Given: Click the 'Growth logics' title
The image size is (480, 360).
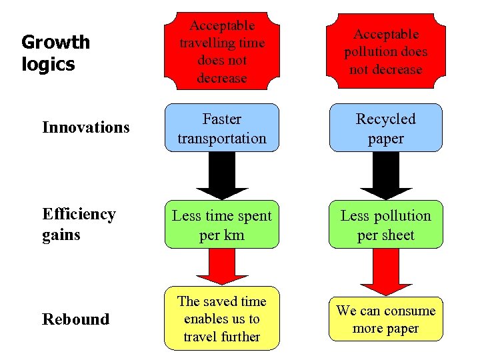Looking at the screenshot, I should point(55,53).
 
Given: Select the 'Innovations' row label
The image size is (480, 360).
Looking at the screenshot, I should point(85,127).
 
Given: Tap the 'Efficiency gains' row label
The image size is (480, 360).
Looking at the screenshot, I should point(79,224).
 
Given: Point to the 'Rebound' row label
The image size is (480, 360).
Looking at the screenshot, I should point(75,319).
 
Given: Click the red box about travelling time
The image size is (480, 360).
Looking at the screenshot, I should point(222,51).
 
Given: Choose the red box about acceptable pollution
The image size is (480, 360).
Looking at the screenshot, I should point(386,51).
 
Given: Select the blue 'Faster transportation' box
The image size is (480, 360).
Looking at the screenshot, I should point(222,128).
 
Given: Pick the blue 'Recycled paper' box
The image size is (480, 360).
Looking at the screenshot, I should point(386,128).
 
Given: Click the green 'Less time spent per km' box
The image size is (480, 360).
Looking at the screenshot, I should point(222,225).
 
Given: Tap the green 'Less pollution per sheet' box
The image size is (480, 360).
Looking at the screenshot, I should point(386,225).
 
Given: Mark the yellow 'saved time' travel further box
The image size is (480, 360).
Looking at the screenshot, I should point(222,319).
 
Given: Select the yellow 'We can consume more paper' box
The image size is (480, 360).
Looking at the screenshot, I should point(386,319).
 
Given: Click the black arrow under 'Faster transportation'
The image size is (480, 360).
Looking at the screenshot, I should point(222,175).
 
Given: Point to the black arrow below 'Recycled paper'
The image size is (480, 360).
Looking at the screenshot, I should point(386,175).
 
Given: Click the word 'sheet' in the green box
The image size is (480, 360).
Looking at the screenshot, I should point(399,235).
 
